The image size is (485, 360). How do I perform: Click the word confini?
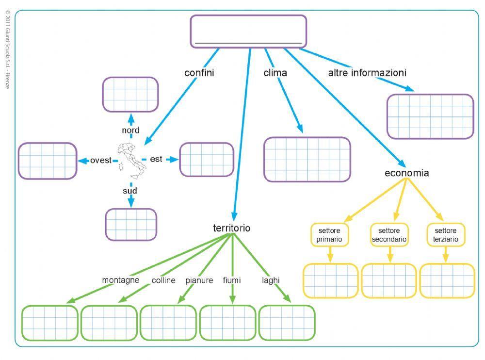click(x=199, y=73)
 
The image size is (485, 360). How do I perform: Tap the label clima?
click(x=275, y=73)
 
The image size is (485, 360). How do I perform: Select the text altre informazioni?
click(x=367, y=73)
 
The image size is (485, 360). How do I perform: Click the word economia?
click(x=406, y=173)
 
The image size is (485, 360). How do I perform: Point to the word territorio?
click(x=232, y=228)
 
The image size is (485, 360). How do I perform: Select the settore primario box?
click(x=329, y=235)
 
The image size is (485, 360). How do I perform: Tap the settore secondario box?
click(x=389, y=235)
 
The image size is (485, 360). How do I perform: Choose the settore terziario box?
click(x=446, y=235)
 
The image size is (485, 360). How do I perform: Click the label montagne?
click(x=121, y=280)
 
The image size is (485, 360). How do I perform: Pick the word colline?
click(x=163, y=280)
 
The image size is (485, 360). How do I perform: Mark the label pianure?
click(x=199, y=280)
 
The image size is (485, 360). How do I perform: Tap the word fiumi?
click(x=232, y=280)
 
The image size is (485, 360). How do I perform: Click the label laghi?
click(x=271, y=280)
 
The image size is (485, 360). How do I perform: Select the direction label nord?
click(x=130, y=130)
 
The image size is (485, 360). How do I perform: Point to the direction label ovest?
click(x=101, y=160)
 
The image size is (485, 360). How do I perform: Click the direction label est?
click(x=156, y=159)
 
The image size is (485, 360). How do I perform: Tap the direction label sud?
click(x=130, y=191)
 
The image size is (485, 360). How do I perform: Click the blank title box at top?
click(x=248, y=31)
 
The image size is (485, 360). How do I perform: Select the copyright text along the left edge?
click(x=7, y=49)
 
